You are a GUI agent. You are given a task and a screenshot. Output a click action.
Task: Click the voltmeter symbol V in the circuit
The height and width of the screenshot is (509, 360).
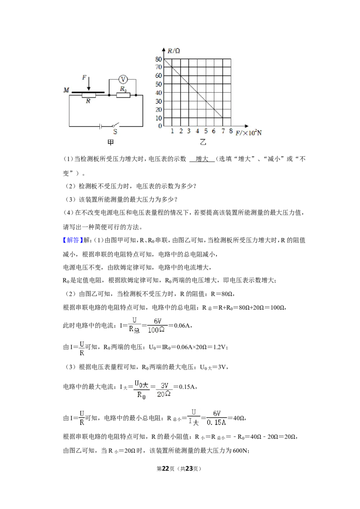(x=123, y=79)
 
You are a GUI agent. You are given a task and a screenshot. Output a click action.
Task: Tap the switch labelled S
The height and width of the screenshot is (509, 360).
(x=115, y=125)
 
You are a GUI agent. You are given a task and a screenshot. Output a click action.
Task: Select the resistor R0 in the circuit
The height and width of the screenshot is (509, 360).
(x=123, y=95)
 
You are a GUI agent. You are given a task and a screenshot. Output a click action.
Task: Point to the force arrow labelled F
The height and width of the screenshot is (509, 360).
(x=89, y=84)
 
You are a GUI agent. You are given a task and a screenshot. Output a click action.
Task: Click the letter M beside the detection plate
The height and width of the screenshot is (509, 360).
(x=66, y=90)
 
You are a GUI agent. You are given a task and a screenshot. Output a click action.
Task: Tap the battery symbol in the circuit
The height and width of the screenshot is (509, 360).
(x=101, y=126)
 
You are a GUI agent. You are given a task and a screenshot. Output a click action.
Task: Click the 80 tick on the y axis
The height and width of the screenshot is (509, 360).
(x=158, y=59)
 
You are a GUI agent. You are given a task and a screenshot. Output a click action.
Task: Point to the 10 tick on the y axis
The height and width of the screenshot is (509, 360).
(x=158, y=118)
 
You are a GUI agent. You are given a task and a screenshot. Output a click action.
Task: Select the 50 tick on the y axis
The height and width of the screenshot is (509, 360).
(x=158, y=84)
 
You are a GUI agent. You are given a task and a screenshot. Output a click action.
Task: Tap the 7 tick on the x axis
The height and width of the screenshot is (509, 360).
(x=223, y=131)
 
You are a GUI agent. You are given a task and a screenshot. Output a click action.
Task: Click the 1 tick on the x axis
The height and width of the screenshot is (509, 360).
(x=172, y=131)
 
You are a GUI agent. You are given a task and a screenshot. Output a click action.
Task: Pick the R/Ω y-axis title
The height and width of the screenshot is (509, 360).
(x=174, y=51)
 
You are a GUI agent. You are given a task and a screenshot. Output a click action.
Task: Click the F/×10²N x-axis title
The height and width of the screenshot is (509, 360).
(x=248, y=133)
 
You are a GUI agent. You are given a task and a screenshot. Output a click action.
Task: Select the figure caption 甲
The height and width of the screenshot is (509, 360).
(x=110, y=142)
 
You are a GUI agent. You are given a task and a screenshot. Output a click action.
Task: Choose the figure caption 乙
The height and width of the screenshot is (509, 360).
(x=203, y=142)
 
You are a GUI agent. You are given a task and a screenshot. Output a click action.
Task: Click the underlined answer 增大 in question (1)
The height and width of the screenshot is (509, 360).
(x=202, y=159)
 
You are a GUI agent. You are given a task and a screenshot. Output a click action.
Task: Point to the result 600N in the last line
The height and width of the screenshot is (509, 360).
(x=241, y=451)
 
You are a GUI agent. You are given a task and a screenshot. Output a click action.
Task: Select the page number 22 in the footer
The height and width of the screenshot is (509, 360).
(x=166, y=469)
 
